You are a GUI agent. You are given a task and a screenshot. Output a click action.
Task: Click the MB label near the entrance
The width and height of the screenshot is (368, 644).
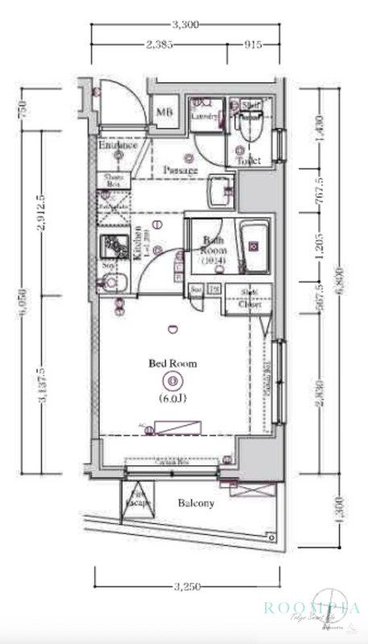pyautogui.click(x=165, y=113)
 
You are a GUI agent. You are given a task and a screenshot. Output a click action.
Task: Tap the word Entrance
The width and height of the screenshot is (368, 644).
pyautogui.click(x=118, y=146)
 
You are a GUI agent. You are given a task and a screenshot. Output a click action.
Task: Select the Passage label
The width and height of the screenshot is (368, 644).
pyautogui.click(x=180, y=171)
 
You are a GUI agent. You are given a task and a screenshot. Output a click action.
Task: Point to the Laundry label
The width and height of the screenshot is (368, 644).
pyautogui.click(x=205, y=117)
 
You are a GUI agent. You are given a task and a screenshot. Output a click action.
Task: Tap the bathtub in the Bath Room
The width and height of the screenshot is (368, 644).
pyautogui.click(x=256, y=250)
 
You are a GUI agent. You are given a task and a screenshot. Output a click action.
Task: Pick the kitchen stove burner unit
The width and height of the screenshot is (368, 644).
pyautogui.click(x=112, y=246)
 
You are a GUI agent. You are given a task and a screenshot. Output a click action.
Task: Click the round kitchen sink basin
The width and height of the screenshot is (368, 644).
pyautogui.click(x=109, y=283)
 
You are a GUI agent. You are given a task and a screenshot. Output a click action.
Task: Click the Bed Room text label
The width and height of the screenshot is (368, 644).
pyautogui.click(x=172, y=364)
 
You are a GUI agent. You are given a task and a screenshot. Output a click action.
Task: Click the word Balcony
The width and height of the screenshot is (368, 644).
pyautogui.click(x=196, y=504)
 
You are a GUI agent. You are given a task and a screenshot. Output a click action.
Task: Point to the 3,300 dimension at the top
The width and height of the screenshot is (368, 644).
pyautogui.click(x=186, y=25)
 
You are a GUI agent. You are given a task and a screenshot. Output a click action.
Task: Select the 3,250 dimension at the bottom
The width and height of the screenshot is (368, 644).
pyautogui.click(x=187, y=587)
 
